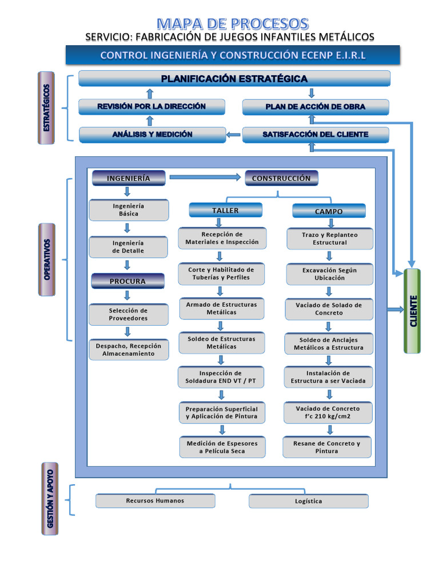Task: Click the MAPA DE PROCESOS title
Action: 233,23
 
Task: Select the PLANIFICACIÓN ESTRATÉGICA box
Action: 234,78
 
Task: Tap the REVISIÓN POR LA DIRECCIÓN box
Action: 151,106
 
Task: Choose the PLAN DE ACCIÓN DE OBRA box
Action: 316,107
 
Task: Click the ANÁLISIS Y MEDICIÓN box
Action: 152,134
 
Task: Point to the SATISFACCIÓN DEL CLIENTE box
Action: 316,134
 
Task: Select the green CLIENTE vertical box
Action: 412,311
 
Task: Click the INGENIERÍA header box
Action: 129,178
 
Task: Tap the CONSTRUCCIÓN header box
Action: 281,178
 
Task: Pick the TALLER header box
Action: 225,211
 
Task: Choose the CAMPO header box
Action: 329,211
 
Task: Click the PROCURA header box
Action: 127,281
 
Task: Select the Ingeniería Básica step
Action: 129,210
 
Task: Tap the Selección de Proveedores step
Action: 129,314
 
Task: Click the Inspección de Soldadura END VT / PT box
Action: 221,377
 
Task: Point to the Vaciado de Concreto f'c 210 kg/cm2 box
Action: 328,413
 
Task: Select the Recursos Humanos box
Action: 155,501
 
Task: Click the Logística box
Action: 309,501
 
